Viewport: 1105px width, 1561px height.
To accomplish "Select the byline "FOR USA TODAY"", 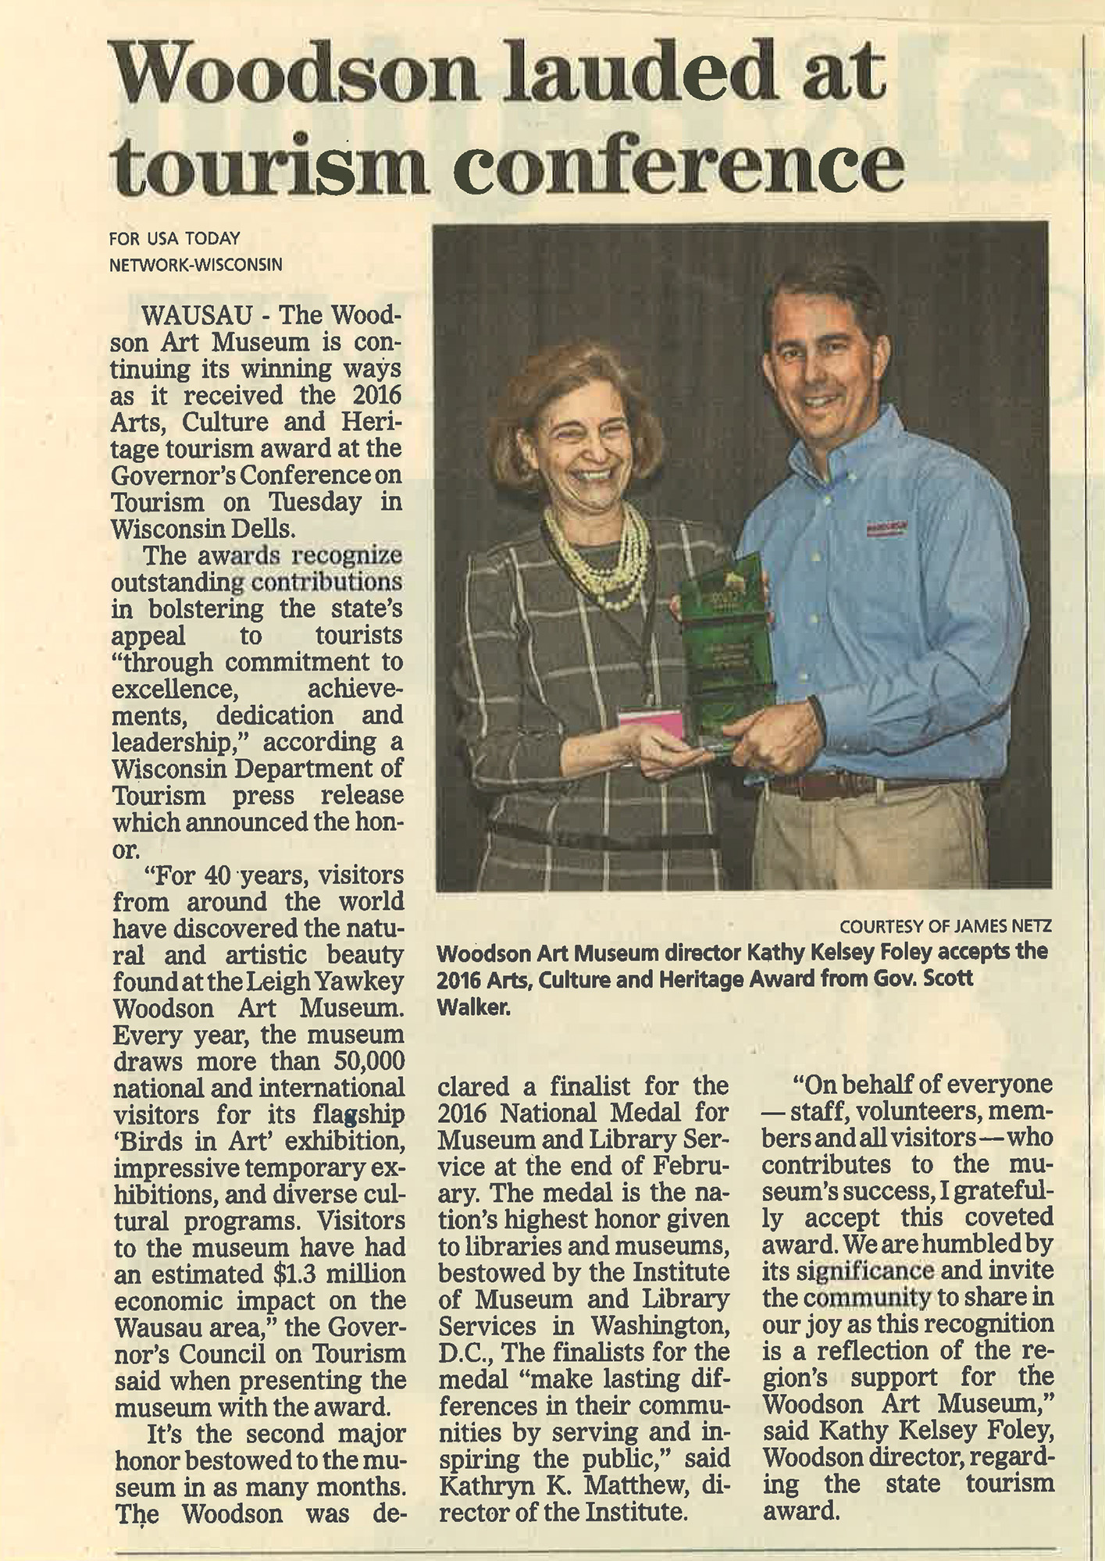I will tap(174, 239).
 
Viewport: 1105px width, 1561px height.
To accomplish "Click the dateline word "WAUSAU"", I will tap(197, 315).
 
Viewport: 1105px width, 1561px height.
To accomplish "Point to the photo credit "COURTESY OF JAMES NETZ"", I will tap(945, 926).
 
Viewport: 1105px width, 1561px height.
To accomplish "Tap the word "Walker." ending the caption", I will tap(473, 1007).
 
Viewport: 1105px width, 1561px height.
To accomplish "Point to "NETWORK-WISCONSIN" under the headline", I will tap(195, 266).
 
